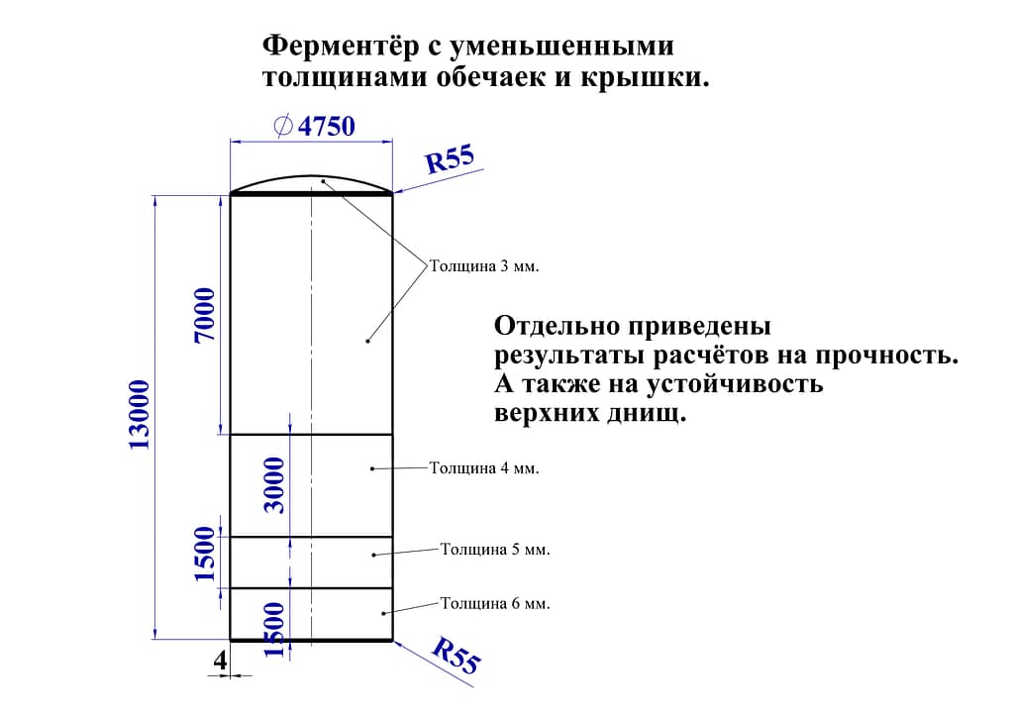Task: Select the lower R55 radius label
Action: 456,655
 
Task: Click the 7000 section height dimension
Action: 204,316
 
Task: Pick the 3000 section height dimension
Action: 274,485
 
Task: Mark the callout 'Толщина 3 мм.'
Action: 484,265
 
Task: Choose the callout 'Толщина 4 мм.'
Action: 484,467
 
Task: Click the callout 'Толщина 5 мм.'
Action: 495,549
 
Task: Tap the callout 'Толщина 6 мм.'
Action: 495,603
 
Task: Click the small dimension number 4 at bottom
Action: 221,661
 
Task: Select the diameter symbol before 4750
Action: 283,126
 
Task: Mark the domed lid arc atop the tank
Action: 312,176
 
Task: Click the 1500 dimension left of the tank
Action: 204,554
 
